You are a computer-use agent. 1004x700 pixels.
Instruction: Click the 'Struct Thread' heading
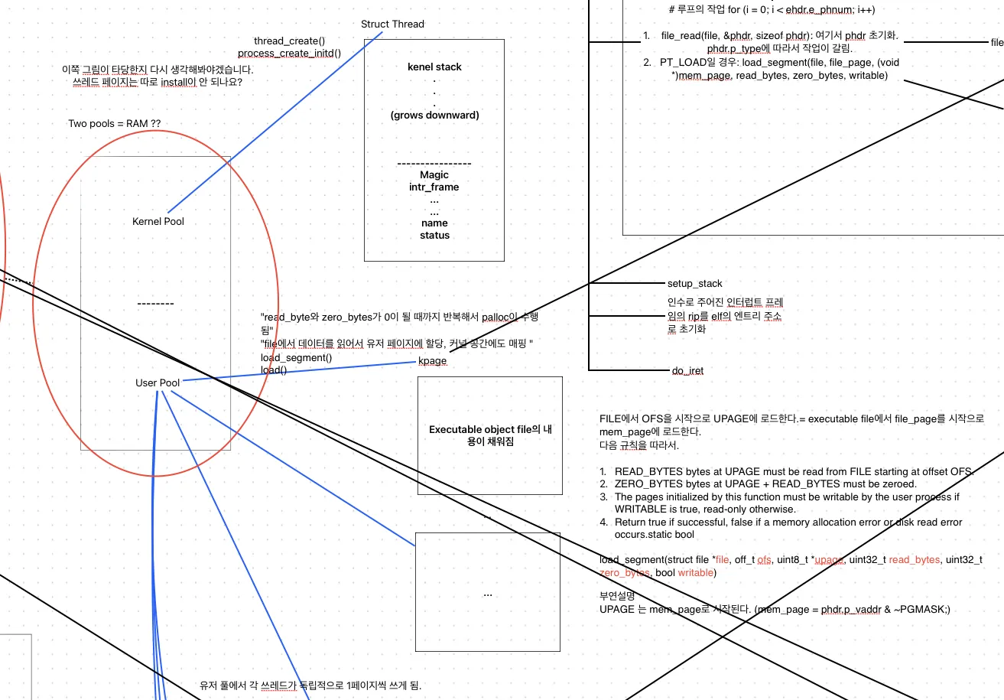click(392, 24)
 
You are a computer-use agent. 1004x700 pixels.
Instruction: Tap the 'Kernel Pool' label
click(158, 222)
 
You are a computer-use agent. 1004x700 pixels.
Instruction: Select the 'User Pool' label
click(158, 383)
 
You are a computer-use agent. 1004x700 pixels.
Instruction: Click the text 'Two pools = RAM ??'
click(115, 123)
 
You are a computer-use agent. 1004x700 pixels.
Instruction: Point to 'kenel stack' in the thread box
click(434, 67)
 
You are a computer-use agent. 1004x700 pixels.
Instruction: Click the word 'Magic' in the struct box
click(434, 175)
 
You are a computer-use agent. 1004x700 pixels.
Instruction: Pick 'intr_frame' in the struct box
click(434, 187)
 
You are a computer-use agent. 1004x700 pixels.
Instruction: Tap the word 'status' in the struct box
click(434, 236)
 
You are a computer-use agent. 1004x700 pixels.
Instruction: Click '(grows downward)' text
click(434, 116)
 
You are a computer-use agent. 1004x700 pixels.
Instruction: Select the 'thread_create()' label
click(289, 41)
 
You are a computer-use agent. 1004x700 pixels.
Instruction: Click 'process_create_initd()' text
click(289, 54)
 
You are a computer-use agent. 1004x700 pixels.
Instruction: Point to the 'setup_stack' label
click(694, 284)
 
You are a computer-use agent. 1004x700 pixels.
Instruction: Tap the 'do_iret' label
click(687, 371)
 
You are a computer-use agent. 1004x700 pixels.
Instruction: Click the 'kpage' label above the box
click(432, 361)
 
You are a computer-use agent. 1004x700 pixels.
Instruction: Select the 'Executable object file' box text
click(490, 435)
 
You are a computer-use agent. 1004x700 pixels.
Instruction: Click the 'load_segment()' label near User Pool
click(296, 358)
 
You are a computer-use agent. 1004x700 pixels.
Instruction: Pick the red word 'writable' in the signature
click(694, 573)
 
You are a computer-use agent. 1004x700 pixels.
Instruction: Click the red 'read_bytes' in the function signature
click(914, 560)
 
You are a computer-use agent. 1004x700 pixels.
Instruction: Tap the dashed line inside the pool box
click(155, 304)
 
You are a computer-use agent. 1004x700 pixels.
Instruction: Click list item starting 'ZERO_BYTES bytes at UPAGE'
click(765, 484)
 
